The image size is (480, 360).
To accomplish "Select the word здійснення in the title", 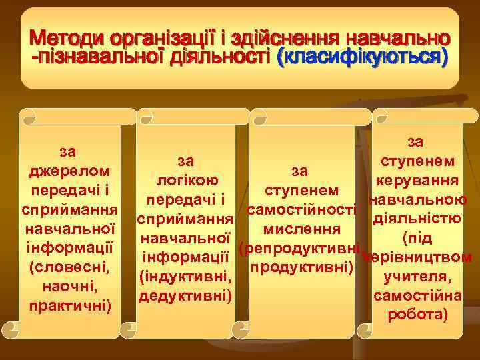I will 260,35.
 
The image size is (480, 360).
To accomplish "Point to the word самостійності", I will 302,210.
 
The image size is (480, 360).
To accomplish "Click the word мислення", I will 302,229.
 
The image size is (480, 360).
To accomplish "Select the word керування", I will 417,180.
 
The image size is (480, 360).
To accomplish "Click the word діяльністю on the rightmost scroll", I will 417,218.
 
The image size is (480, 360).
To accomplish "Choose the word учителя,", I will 417,276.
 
